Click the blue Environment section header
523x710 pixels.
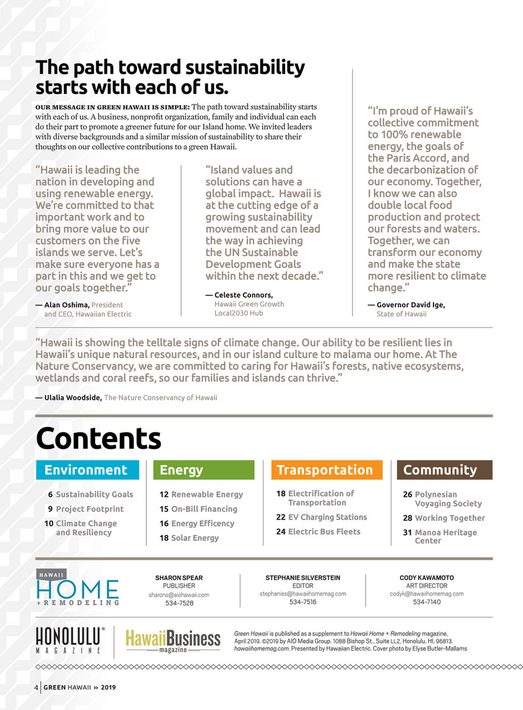click(87, 470)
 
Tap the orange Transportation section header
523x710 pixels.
click(326, 470)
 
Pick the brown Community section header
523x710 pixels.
click(444, 470)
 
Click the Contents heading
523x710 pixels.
click(99, 438)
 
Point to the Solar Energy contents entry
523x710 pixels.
click(194, 538)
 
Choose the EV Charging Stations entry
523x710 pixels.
click(327, 517)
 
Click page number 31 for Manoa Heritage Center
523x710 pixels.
click(407, 533)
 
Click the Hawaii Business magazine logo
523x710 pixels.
click(173, 640)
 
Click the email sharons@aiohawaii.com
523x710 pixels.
click(179, 594)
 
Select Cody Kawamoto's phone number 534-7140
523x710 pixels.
click(427, 602)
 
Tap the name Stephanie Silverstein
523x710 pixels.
click(303, 577)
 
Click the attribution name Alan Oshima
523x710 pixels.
click(67, 304)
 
